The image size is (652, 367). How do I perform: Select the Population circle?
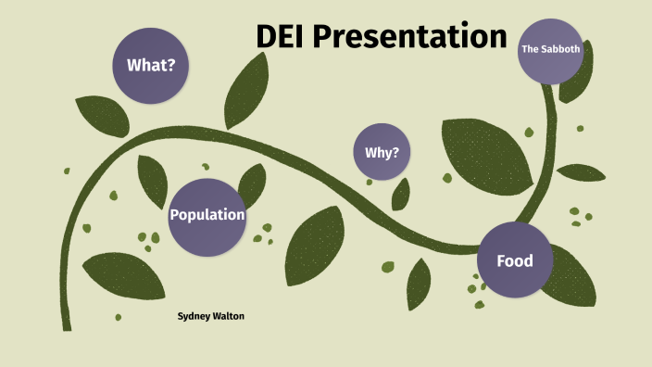pyautogui.click(x=207, y=216)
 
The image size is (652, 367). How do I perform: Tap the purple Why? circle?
pyautogui.click(x=382, y=151)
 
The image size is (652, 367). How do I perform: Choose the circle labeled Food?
pyautogui.click(x=515, y=260)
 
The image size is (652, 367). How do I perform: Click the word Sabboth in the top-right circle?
pyautogui.click(x=561, y=49)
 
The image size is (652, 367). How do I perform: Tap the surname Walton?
pyautogui.click(x=232, y=316)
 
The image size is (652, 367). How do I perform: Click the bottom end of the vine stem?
pyautogui.click(x=66, y=324)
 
